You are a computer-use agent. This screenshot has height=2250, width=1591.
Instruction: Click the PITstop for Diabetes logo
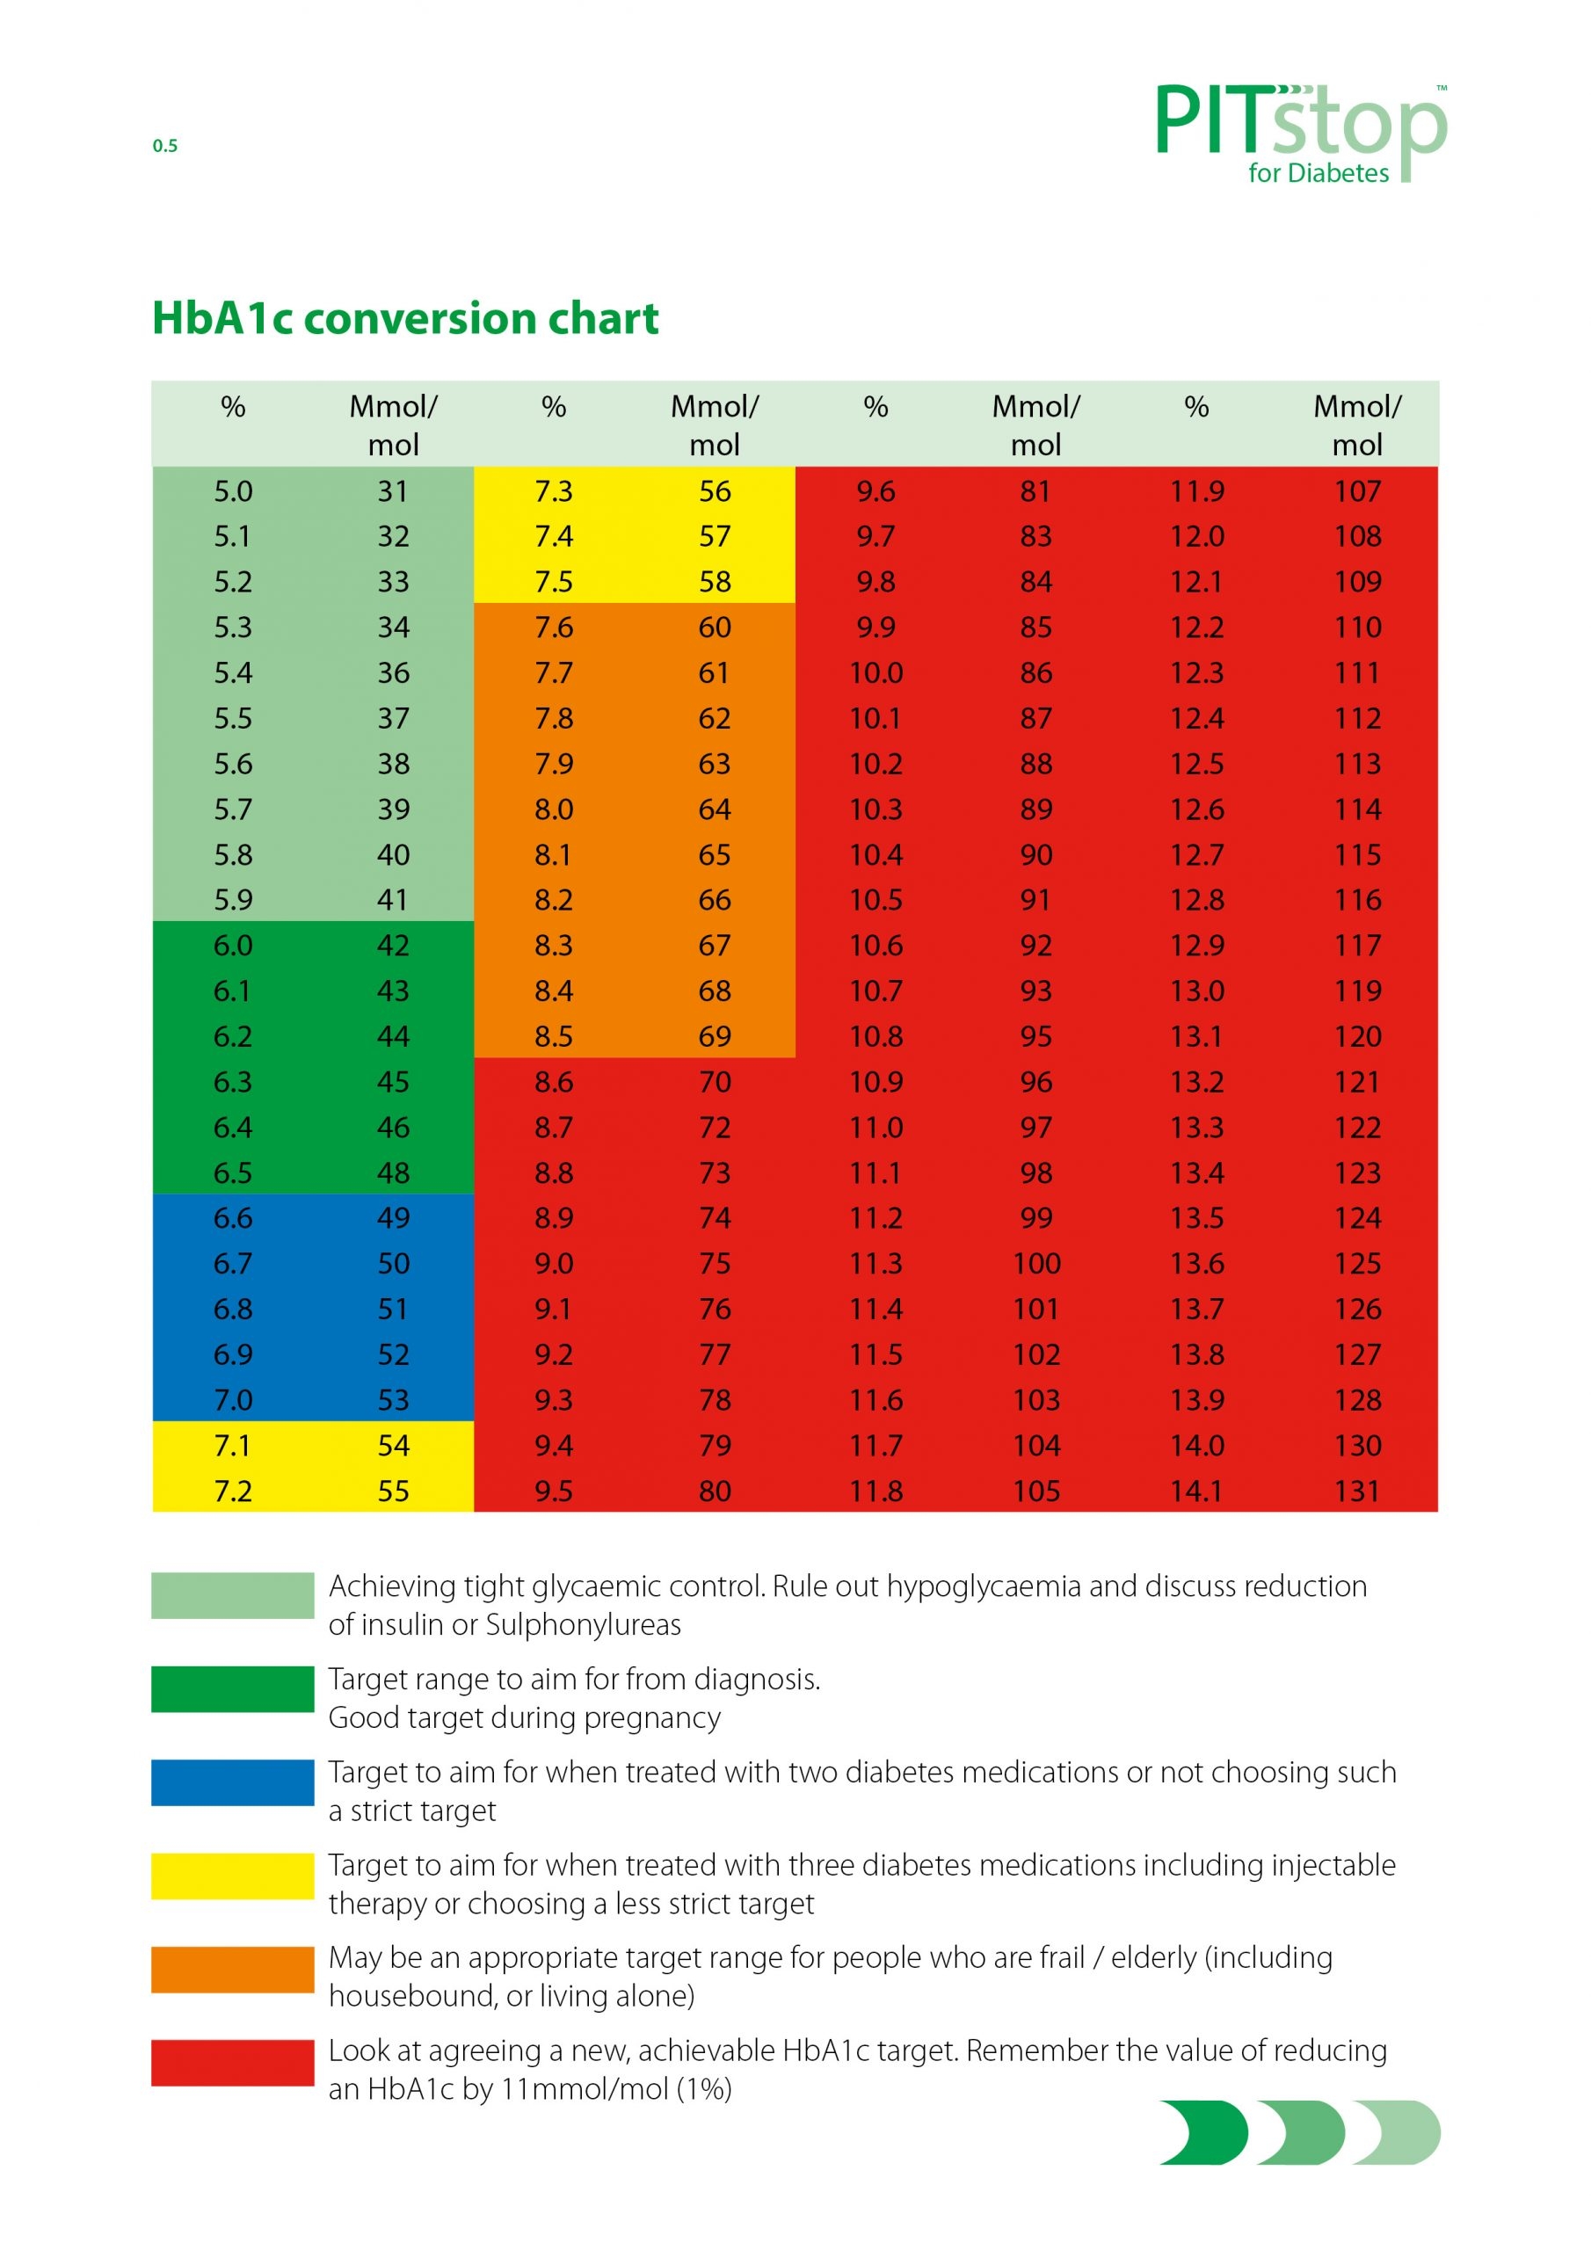1300,133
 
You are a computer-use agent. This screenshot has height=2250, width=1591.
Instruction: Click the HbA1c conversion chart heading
405,318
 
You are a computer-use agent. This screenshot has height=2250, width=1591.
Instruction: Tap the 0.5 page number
164,146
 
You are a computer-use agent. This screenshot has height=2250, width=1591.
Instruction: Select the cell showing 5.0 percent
233,491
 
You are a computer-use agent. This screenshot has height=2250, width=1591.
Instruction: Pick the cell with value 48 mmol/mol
393,1173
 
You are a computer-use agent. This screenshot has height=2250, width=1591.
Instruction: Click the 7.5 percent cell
554,582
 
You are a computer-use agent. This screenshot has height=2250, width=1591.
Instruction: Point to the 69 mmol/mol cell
715,1037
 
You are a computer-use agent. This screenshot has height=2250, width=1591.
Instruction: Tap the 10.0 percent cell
875,673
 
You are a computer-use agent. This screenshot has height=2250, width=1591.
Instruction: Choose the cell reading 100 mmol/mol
1036,1264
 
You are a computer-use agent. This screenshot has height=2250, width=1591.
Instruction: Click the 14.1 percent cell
1196,1492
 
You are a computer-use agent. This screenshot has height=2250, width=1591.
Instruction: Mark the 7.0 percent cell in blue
233,1400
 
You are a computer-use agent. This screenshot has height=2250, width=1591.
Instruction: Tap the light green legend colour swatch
232,1594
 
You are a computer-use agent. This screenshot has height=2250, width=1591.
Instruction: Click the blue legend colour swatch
232,1782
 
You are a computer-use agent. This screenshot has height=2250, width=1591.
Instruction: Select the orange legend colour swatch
232,1969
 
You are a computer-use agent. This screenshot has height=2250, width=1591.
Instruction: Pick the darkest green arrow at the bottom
1203,2132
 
